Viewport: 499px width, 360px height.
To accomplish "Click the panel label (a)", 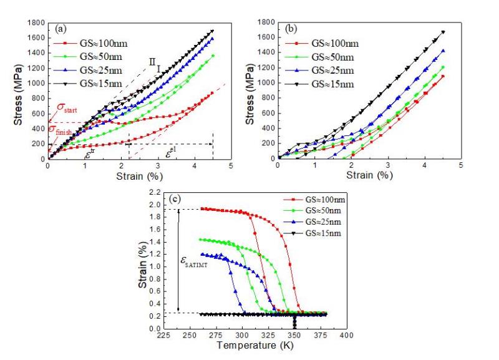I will [61, 28].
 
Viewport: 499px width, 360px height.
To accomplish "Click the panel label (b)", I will [292, 28].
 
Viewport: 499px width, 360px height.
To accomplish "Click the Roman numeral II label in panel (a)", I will [152, 61].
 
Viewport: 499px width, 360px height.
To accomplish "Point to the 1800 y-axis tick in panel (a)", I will [37, 23].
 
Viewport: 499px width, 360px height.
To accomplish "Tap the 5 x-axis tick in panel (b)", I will [461, 165].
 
